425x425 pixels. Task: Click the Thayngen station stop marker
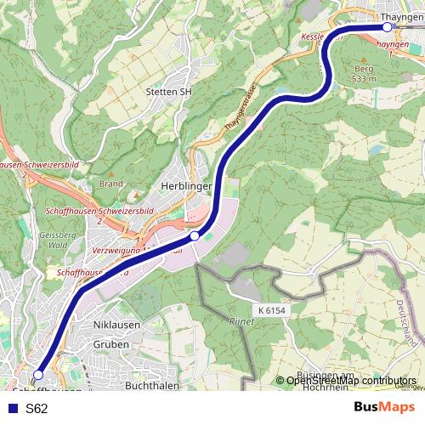[388, 26]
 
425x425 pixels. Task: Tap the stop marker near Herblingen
[195, 235]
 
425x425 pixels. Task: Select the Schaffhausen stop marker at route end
[38, 374]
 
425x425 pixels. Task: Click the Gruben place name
[112, 344]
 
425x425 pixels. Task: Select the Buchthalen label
[150, 385]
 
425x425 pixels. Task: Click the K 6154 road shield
[272, 311]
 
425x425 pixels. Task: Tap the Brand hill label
[111, 183]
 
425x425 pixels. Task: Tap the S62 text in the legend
[37, 409]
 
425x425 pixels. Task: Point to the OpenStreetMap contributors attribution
[350, 380]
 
